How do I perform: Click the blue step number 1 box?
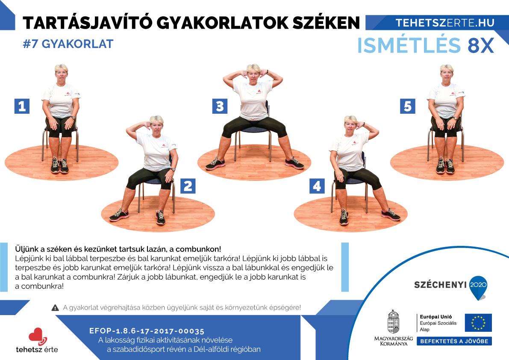[22, 106]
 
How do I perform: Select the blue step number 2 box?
[188, 186]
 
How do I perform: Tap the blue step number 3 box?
[220, 106]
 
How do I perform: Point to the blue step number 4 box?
[317, 186]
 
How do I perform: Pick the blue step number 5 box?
[408, 106]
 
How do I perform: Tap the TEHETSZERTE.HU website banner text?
[445, 23]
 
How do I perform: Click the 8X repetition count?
[481, 45]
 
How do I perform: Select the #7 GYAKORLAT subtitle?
[68, 44]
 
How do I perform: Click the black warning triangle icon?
[55, 307]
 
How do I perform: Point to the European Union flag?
[478, 323]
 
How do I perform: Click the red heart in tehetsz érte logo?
[36, 335]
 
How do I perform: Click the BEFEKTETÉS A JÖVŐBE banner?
[454, 341]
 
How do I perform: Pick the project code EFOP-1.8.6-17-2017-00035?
[147, 331]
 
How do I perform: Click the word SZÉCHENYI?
[440, 285]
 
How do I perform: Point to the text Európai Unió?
[435, 316]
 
